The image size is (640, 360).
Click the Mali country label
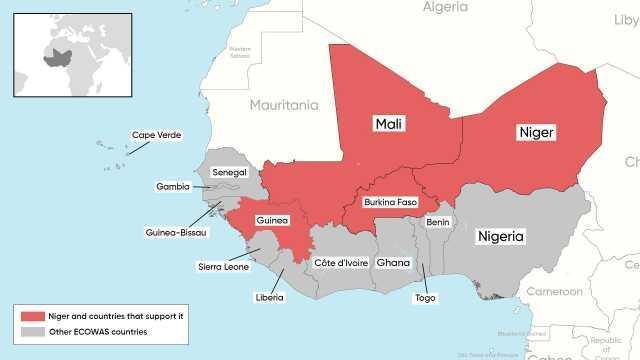tap(388, 123)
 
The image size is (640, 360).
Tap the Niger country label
tap(536, 132)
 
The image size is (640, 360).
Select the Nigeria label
tap(501, 236)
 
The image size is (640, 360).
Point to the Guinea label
tap(272, 220)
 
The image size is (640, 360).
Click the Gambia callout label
tap(172, 186)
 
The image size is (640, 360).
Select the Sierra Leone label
tap(222, 267)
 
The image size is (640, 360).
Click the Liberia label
tap(269, 296)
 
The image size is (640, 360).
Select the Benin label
tap(437, 221)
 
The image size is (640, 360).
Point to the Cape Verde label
tap(151, 136)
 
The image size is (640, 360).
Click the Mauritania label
tap(284, 104)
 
